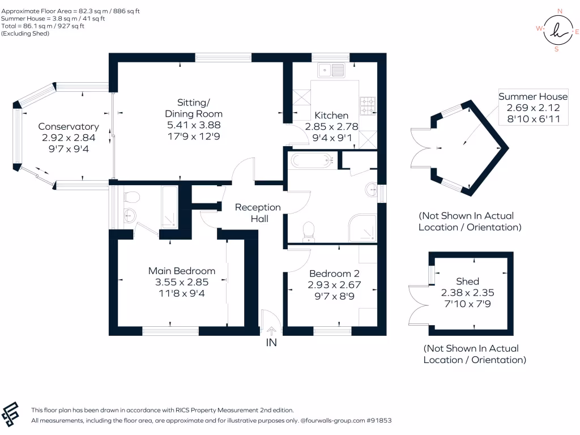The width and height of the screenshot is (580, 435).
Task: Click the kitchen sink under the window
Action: click(x=331, y=71)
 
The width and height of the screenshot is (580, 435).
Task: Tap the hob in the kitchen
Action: click(x=368, y=104)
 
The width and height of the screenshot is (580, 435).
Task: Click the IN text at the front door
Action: click(x=271, y=343)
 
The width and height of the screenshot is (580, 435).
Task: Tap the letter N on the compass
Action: click(x=560, y=11)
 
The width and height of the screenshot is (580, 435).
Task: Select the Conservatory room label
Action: click(x=69, y=127)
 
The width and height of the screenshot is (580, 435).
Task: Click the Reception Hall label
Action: click(x=258, y=213)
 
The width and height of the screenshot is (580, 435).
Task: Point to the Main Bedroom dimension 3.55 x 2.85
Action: click(x=182, y=282)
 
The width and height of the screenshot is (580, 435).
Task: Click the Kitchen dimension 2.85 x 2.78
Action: click(x=331, y=126)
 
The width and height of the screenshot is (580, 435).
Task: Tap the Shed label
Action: click(x=467, y=282)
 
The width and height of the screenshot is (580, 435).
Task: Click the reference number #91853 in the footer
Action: click(x=379, y=421)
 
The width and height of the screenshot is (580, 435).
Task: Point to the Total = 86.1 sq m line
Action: click(x=43, y=26)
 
